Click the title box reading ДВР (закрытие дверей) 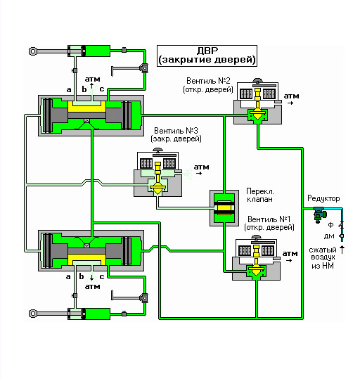pos(207,56)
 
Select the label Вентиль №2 pos(208,81)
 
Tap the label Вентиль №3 pos(176,131)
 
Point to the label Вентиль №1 pos(269,219)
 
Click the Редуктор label pos(323,199)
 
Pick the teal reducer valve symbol pos(320,214)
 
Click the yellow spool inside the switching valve pos(224,208)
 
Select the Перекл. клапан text pos(260,195)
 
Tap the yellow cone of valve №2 pos(257,115)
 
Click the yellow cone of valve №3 pos(157,190)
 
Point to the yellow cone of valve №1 pos(256,271)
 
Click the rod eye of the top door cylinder pos(33,51)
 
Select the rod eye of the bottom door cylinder pos(33,314)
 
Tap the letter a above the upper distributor pos(69,90)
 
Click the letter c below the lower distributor pos(102,276)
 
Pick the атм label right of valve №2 pos(291,96)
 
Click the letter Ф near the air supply pos(330,225)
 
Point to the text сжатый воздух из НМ pos(323,257)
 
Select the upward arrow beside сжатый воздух pos(342,250)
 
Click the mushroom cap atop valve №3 pos(157,150)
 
